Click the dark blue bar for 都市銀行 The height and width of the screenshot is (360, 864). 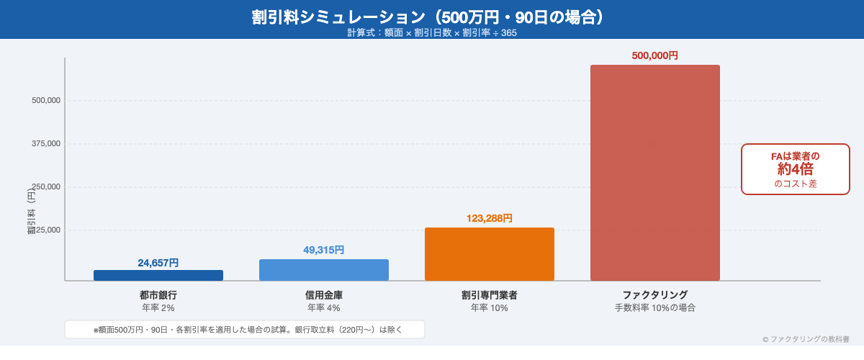pos(158,275)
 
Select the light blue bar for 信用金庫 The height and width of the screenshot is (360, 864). pos(324,270)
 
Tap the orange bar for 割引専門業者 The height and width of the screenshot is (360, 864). pos(490,254)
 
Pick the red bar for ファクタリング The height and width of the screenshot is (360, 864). pos(655,173)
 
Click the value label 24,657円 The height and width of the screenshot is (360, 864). pos(158,263)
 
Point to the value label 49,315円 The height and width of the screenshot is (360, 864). pos(324,250)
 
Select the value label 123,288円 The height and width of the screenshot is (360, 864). pos(490,218)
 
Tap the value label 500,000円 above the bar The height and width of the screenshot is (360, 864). pos(655,55)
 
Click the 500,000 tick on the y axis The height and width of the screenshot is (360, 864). pos(46,101)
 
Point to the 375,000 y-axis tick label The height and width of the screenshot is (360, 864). pos(46,144)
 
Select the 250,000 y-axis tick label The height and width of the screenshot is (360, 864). pos(46,187)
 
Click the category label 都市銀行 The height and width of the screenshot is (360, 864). pos(158,294)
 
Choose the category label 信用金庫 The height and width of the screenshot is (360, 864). pos(324,294)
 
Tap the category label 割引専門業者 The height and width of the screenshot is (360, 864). pos(490,294)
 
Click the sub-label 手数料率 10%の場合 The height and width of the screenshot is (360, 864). pos(655,307)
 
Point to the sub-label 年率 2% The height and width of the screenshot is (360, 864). pos(158,307)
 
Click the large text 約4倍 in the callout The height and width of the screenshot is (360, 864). pos(796,169)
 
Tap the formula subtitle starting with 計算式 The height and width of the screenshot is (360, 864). pos(432,32)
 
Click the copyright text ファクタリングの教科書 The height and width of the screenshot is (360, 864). pos(806,338)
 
